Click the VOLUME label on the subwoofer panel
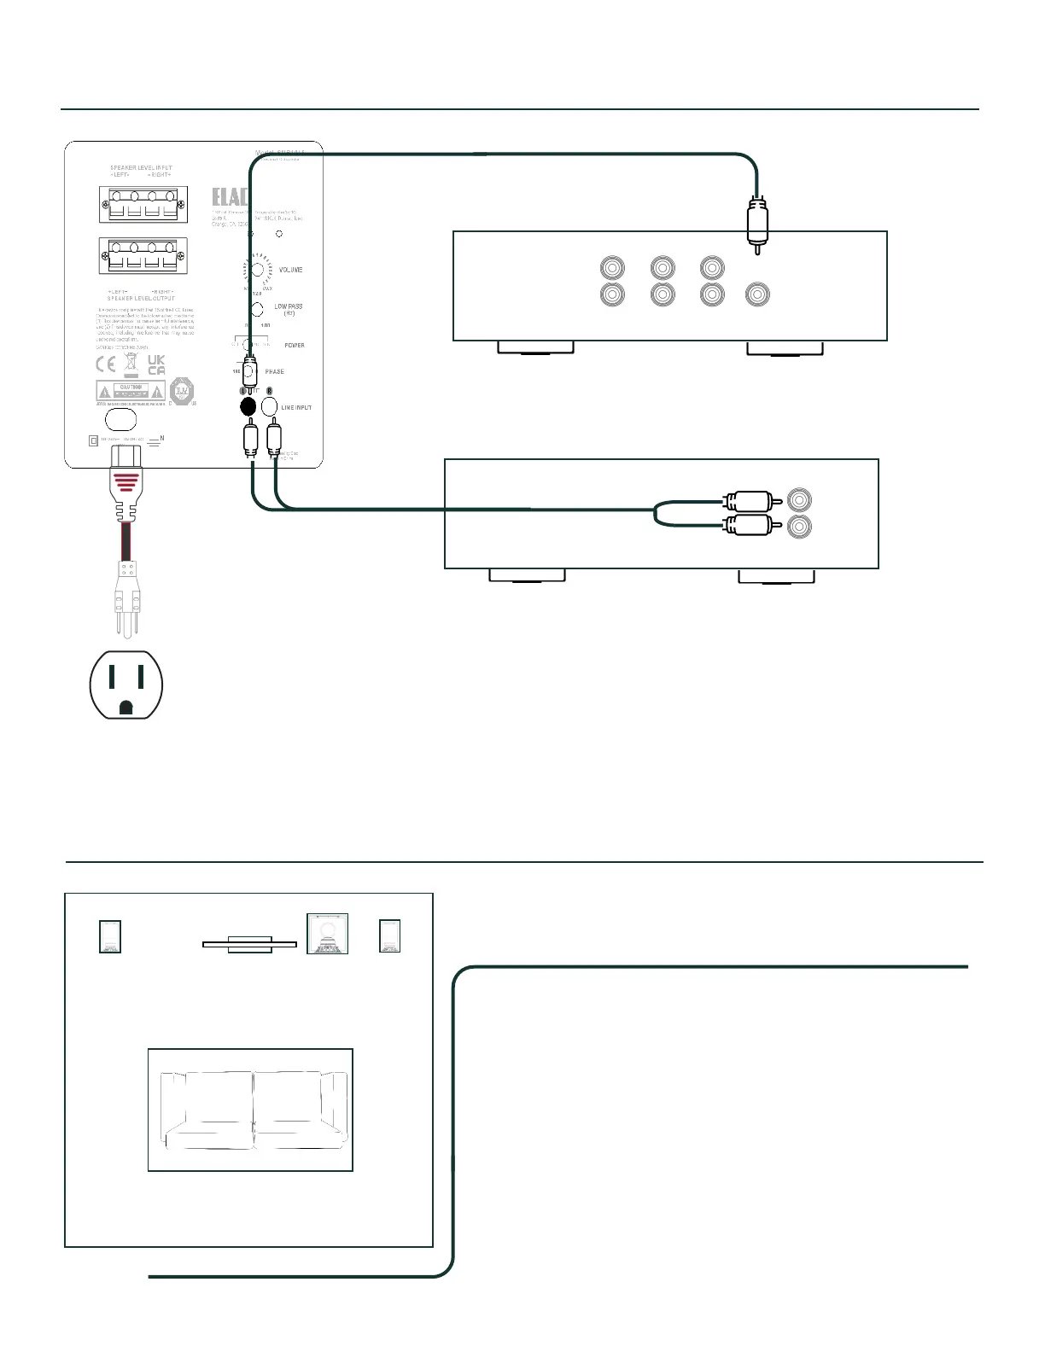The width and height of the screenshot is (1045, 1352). pos(290,270)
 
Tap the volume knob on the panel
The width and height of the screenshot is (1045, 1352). pos(256,270)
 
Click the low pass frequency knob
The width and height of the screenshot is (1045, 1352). pos(256,309)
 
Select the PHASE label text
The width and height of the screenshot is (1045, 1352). pos(275,372)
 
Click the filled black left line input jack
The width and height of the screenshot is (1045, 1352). pos(248,407)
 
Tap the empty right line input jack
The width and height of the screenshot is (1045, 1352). pos(270,407)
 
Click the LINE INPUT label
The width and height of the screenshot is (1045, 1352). pos(296,408)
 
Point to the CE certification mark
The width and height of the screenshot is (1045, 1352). pos(106,364)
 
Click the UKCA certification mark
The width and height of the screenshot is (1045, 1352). pos(156,365)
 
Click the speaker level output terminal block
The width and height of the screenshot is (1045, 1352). pos(143,256)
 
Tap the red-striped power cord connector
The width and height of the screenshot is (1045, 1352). pos(124,482)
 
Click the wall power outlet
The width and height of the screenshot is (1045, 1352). pos(126,685)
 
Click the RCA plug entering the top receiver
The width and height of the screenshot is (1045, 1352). pos(757,224)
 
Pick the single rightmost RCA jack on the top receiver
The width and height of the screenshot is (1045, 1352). pos(757,294)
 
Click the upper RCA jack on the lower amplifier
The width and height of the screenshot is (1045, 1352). pos(800,499)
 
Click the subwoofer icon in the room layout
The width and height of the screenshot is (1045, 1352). pos(328,934)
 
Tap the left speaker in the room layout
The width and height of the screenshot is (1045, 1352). pos(110,935)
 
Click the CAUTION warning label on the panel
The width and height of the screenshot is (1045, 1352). pos(131,392)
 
